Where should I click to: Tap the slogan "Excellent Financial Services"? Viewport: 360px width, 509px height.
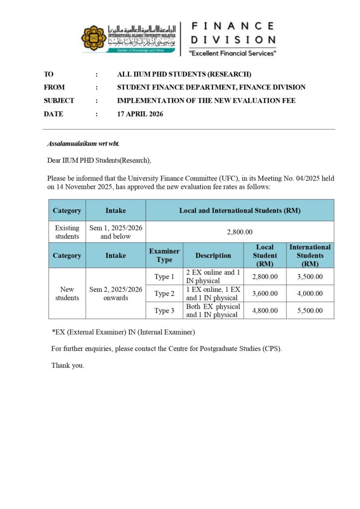[x=232, y=53]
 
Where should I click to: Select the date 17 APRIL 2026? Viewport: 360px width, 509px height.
[x=140, y=114]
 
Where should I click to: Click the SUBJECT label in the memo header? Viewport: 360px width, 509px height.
[x=59, y=100]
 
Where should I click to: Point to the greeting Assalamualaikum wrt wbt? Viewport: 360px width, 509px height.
[x=83, y=144]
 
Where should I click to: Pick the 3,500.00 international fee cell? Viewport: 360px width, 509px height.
[x=310, y=277]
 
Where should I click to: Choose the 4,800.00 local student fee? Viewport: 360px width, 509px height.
[x=265, y=311]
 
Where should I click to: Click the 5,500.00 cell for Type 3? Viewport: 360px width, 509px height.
[x=310, y=311]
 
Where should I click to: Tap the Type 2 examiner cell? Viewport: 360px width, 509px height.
[x=164, y=294]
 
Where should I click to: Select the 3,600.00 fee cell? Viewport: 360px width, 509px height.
[x=265, y=294]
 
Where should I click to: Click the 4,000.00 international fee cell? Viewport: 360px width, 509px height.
[x=310, y=294]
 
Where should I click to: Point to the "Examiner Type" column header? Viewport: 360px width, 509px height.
[x=164, y=255]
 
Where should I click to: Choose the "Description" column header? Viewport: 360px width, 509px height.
[x=213, y=255]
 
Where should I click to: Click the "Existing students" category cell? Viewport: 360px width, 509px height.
[x=67, y=232]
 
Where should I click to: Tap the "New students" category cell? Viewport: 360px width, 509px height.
[x=67, y=293]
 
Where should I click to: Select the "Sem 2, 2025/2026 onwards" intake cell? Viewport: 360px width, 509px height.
[x=115, y=293]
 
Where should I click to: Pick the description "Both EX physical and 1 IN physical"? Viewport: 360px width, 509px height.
[x=213, y=311]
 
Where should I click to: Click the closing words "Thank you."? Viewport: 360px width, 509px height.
[x=68, y=365]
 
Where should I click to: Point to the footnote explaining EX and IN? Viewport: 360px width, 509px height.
[x=123, y=332]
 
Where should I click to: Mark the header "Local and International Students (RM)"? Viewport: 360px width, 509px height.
[x=240, y=210]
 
